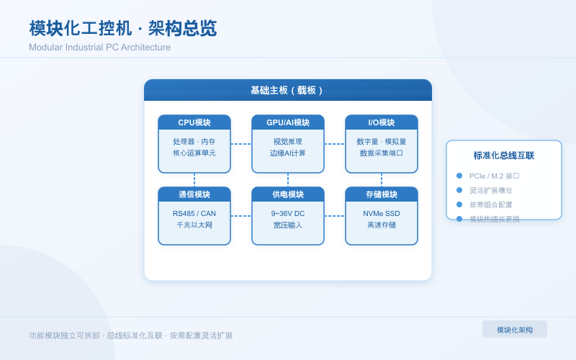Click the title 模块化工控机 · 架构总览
(122, 29)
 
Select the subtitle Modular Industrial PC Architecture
(100, 48)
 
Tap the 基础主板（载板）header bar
(288, 90)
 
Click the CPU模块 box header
(194, 122)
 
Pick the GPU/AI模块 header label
(288, 122)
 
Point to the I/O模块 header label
(382, 122)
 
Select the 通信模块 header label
(194, 194)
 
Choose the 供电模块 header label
(288, 194)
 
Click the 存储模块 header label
(382, 194)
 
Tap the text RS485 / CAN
(194, 214)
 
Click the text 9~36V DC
(288, 214)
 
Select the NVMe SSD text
(382, 214)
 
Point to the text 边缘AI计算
(288, 153)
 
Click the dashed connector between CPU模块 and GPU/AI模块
(241, 144)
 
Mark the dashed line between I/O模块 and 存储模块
(382, 180)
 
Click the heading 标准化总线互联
(504, 156)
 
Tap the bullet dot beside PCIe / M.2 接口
(459, 176)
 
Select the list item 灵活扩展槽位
(491, 190)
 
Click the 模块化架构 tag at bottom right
(515, 330)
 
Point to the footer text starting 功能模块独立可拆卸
(131, 336)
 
